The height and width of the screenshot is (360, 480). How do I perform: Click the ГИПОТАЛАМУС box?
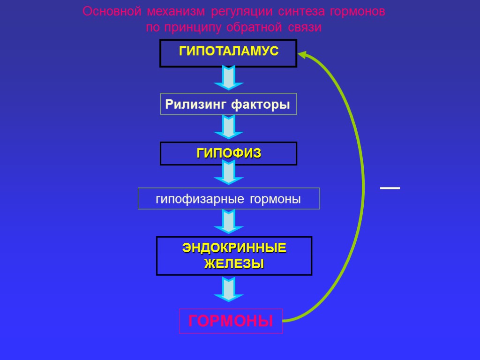228,53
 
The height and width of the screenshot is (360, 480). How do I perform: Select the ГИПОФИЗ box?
228,153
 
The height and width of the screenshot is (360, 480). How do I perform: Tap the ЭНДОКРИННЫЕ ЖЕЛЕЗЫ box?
234,255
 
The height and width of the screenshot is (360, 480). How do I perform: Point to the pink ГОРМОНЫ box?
231,321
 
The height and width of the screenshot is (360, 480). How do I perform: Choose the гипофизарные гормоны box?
228,199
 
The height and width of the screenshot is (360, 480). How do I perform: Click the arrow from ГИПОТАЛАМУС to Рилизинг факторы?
228,78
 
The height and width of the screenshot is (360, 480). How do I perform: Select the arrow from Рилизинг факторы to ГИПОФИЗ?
228,127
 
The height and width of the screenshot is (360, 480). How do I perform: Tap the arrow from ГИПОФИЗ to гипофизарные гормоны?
228,173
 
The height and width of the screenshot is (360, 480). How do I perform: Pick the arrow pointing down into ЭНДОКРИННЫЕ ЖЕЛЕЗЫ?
228,222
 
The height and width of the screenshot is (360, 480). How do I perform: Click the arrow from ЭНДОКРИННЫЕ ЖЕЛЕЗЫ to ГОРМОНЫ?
228,290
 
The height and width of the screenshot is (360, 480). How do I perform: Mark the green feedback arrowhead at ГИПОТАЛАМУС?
303,55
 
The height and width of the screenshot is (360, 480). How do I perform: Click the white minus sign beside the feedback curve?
390,188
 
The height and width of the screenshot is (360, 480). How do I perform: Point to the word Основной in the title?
112,12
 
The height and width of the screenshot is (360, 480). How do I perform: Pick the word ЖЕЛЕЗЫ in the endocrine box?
234,263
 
